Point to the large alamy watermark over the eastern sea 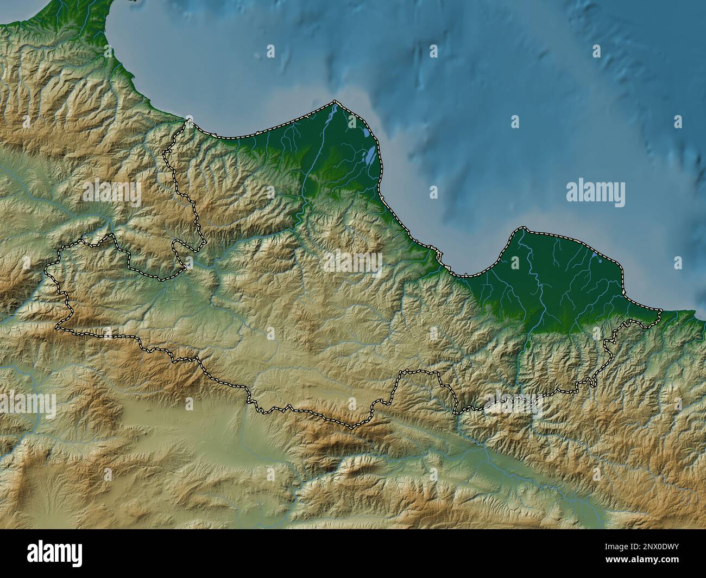595,194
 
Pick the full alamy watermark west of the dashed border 111,194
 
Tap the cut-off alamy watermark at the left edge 27,404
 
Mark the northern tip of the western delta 335,101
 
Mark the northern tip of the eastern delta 522,228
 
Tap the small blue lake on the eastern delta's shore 595,254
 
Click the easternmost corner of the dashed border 661,311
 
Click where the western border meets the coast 187,120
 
